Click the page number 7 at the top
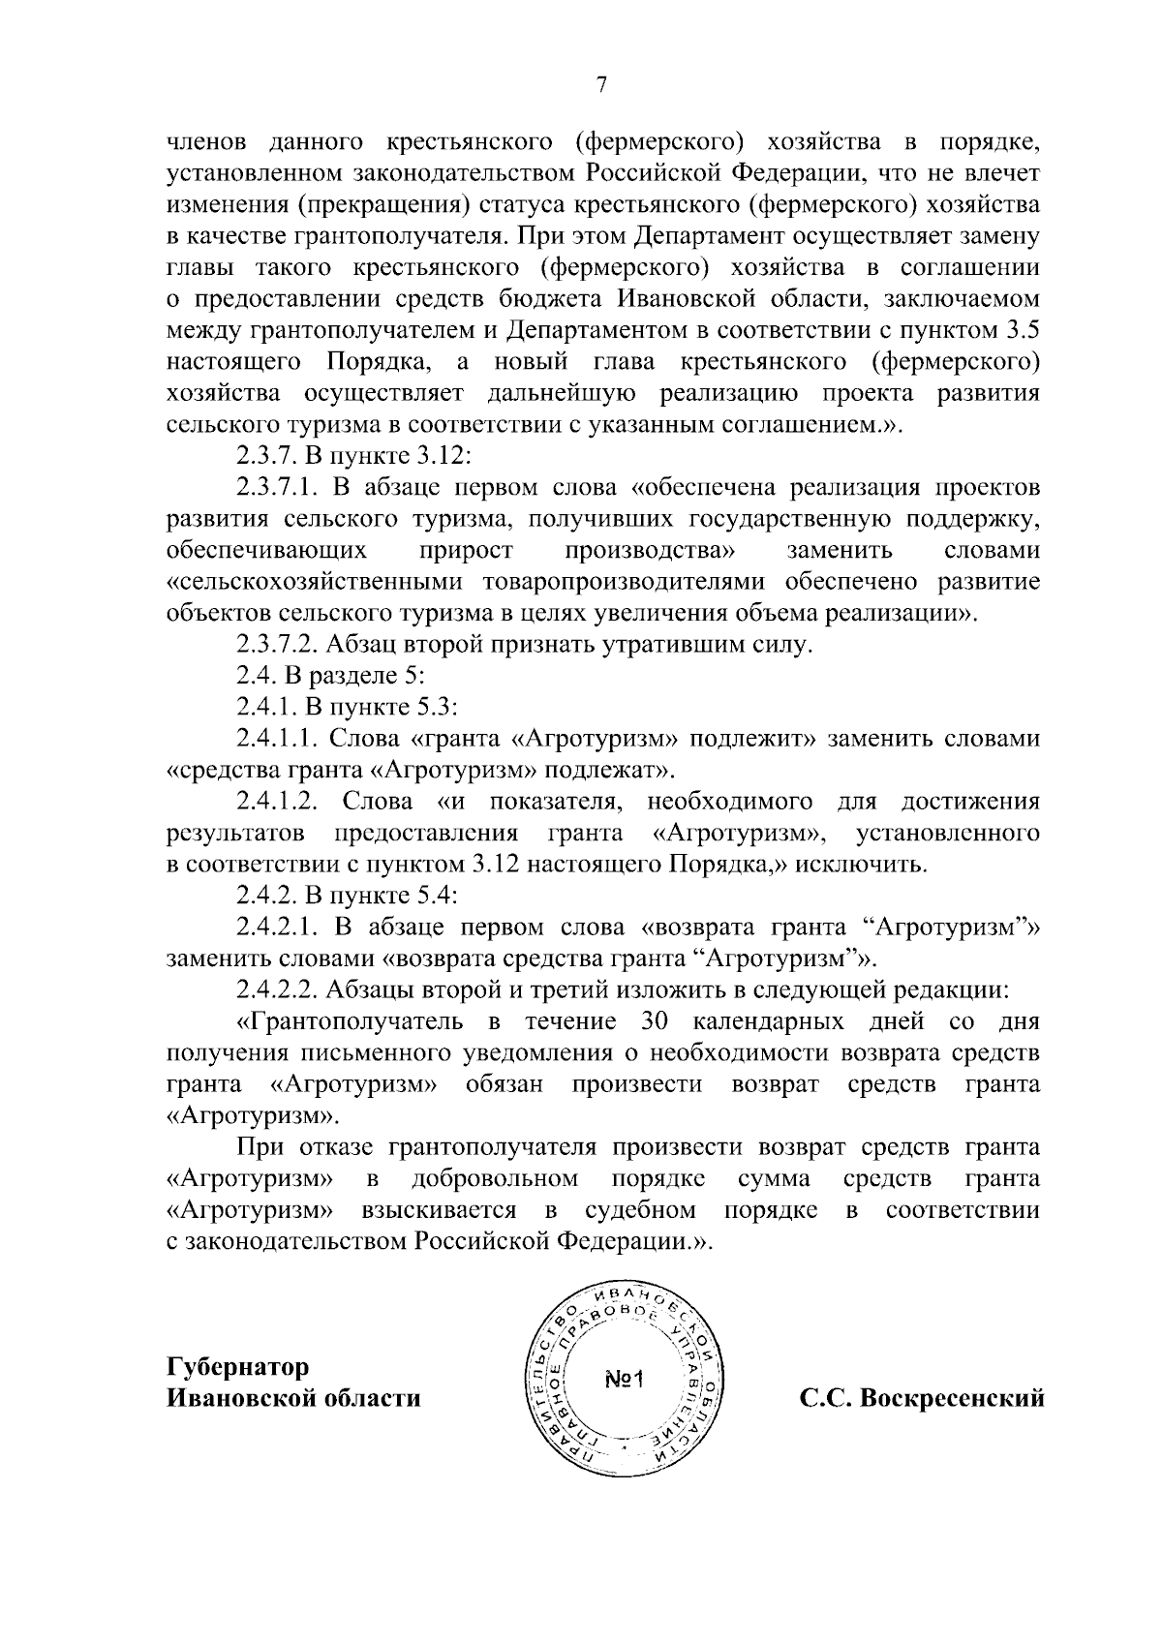pos(600,85)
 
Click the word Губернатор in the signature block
pos(238,1366)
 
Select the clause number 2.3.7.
pos(265,457)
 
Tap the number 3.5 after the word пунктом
pos(1024,330)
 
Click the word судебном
pos(640,1210)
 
